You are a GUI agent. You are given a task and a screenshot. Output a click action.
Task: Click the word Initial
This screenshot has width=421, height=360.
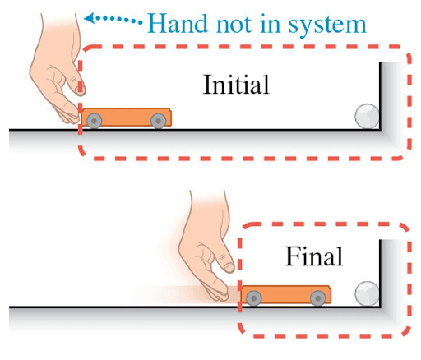coord(237,85)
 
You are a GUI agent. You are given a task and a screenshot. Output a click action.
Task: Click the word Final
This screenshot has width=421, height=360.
coord(314,256)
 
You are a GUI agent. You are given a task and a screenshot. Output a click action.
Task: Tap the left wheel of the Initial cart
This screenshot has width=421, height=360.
coord(93,122)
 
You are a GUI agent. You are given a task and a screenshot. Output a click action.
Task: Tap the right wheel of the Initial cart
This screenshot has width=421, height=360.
coord(156,122)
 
